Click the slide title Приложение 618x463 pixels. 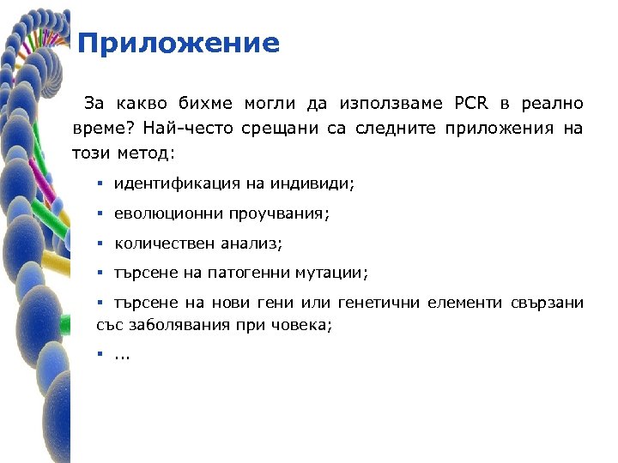(x=178, y=43)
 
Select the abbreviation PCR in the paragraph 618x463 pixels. (x=470, y=104)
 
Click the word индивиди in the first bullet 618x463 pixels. (x=313, y=183)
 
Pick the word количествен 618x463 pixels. (x=165, y=244)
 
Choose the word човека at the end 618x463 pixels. (x=302, y=326)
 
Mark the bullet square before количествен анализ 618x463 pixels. (x=100, y=244)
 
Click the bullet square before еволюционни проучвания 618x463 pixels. (x=100, y=213)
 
